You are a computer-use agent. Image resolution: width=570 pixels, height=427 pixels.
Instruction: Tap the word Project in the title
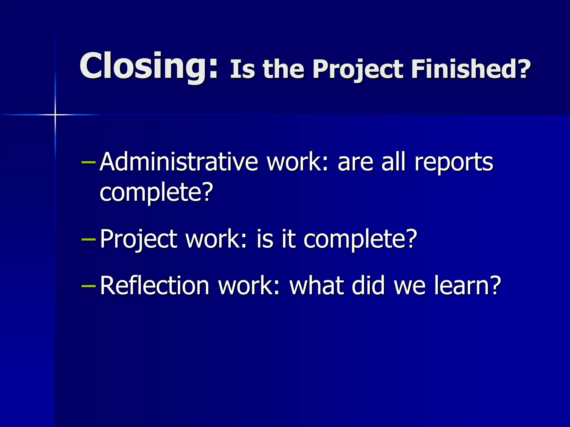click(x=358, y=69)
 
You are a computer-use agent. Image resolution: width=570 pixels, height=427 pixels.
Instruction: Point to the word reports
click(x=454, y=163)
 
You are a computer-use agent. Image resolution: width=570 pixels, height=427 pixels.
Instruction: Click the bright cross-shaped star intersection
click(x=55, y=115)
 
